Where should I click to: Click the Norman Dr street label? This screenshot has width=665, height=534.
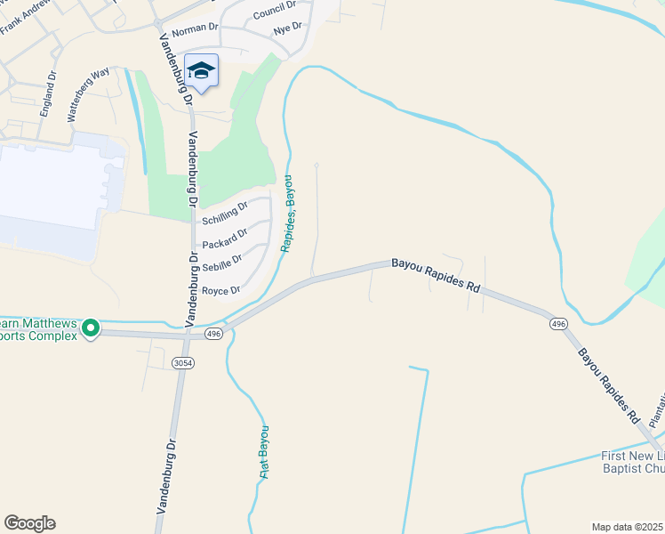[x=195, y=28]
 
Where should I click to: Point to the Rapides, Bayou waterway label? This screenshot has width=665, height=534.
[x=289, y=214]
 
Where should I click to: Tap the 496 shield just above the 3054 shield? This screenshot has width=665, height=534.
[x=212, y=334]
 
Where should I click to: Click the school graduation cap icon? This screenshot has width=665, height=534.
[x=202, y=70]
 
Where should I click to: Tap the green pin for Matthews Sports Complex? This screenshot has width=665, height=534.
[x=90, y=329]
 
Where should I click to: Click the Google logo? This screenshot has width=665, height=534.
[x=29, y=523]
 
